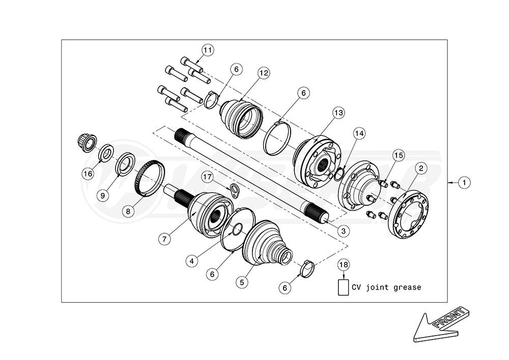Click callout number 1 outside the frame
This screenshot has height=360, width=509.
tap(464, 183)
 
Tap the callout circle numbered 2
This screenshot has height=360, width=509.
tap(421, 168)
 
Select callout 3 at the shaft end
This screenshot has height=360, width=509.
tap(344, 231)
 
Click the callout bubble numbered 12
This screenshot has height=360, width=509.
tap(264, 73)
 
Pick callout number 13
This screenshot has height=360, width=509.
tap(338, 113)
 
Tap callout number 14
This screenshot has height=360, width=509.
tap(359, 133)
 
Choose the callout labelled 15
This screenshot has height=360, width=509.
tap(399, 155)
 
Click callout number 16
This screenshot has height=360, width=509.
tap(88, 174)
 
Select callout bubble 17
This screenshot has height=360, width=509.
tap(208, 177)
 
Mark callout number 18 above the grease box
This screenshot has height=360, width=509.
tap(343, 265)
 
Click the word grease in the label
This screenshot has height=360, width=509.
tap(407, 287)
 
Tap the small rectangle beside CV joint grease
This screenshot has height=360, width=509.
tap(343, 288)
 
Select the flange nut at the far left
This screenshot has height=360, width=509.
tap(87, 143)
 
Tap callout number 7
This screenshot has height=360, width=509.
tap(164, 239)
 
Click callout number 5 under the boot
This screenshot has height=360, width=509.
tap(242, 282)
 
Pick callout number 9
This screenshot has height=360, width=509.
tap(103, 196)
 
